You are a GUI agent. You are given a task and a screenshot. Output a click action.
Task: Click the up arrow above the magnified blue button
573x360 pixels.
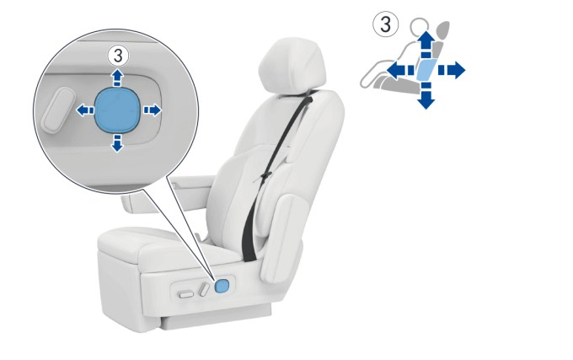117,78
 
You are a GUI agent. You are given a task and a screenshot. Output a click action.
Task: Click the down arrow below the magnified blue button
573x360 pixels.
117,142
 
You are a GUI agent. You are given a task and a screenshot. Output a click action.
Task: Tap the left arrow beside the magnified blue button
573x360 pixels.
85,110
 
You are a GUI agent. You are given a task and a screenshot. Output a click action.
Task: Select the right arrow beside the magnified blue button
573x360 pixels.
152,110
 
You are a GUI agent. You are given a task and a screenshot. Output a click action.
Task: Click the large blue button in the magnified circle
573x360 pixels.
117,110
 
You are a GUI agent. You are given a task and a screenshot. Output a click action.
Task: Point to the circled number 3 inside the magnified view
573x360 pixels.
118,56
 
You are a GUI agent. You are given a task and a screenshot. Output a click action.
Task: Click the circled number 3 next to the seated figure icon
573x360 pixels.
386,24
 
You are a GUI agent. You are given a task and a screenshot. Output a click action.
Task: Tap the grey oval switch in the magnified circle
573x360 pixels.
58,109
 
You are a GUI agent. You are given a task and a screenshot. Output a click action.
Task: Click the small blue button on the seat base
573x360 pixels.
222,286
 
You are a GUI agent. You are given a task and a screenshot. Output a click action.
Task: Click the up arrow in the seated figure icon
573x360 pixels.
426,44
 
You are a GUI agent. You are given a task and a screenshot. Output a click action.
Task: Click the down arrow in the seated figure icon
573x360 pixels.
426,96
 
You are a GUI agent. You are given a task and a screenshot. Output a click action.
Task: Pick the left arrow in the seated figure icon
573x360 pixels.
400,70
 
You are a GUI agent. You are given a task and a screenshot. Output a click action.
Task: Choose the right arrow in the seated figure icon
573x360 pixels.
452,70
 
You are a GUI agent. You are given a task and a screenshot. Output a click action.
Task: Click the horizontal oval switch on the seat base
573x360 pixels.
186,294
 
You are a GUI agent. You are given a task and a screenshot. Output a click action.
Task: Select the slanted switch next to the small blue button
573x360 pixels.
204,289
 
